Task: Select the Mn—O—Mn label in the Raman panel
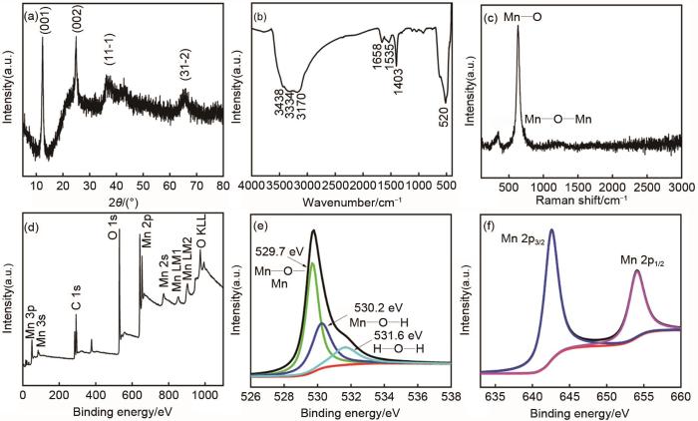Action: (559, 120)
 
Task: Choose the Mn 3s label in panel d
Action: (41, 360)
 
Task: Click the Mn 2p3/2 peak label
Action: (513, 237)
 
